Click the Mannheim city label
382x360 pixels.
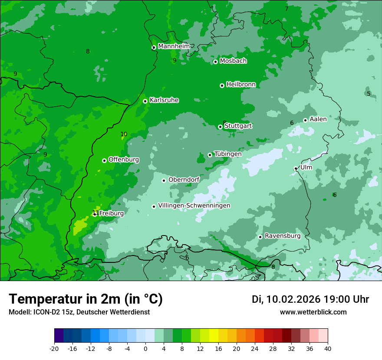pos(174,46)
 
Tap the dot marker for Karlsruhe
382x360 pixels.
pos(145,101)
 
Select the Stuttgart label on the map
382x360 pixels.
pos(238,126)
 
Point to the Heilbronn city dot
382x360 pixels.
pos(222,85)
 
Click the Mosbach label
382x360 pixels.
pos(233,61)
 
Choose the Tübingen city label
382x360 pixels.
pos(227,154)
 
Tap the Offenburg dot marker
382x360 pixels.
pos(104,160)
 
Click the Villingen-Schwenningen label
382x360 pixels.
pos(194,206)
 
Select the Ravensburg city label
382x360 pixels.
pos(282,236)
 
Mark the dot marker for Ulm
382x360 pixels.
pos(296,169)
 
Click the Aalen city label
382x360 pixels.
pos(318,119)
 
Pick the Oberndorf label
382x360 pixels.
pos(184,180)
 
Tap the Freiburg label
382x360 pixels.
pos(111,213)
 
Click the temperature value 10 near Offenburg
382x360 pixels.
pos(124,134)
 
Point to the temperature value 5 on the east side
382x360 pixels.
pos(369,94)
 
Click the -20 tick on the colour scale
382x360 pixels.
pos(54,348)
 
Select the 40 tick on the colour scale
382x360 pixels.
pos(328,348)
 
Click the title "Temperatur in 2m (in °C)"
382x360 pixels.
pos(86,299)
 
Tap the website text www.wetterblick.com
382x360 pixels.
pos(313,312)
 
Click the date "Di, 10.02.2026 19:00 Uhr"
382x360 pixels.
pos(310,299)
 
